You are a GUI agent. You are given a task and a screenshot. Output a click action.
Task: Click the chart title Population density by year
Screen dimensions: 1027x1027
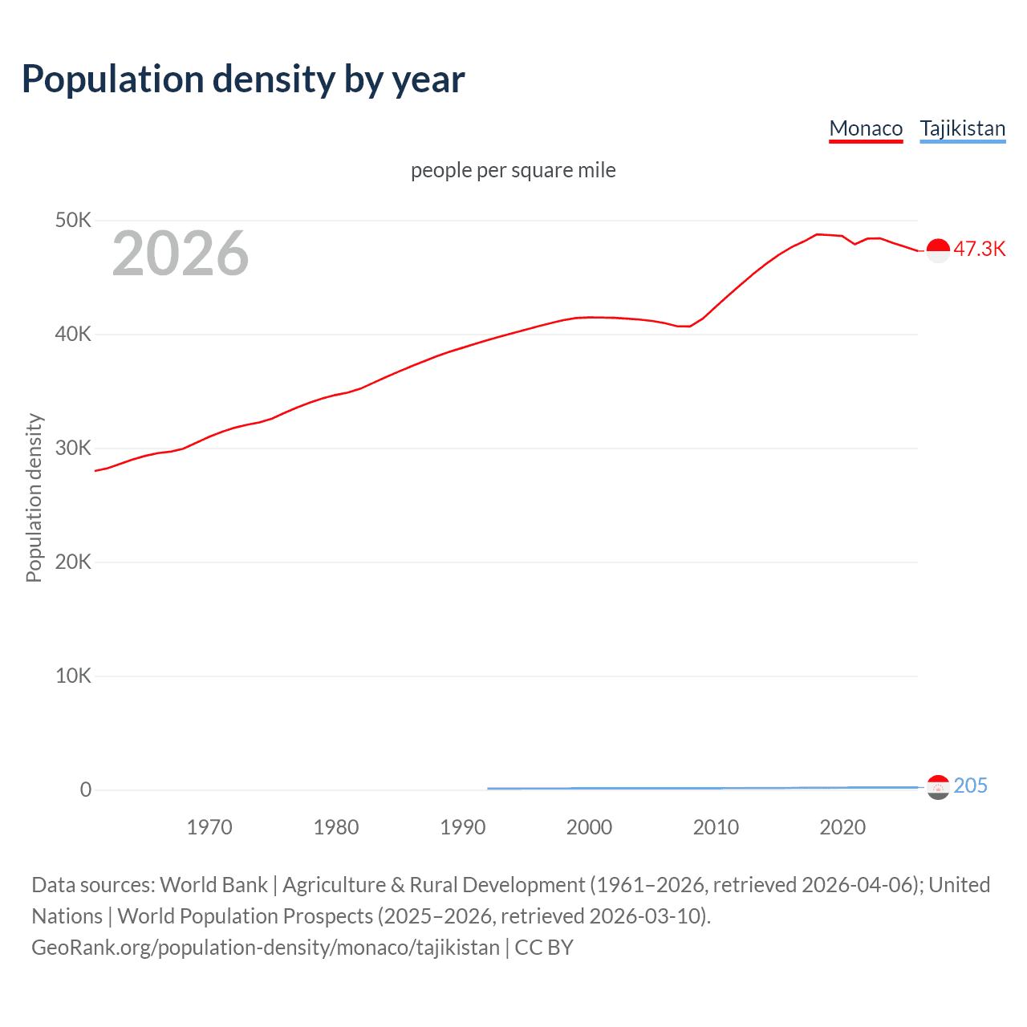243,79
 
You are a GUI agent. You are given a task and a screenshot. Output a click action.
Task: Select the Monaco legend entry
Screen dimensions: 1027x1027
866,128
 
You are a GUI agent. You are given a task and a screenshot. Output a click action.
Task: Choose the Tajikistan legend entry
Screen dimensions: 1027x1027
962,128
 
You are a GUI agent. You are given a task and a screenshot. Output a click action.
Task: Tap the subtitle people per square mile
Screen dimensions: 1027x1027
513,170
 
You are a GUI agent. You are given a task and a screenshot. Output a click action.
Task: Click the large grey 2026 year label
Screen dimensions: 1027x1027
181,254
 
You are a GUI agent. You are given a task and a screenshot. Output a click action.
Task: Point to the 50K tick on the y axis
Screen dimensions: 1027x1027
73,220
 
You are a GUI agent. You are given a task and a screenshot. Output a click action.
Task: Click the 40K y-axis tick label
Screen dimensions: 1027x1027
73,334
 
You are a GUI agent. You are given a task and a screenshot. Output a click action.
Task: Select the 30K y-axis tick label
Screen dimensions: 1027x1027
73,448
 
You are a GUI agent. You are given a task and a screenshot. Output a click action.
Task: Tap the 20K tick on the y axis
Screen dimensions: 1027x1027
73,562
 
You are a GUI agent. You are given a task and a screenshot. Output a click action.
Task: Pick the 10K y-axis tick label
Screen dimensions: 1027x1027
73,676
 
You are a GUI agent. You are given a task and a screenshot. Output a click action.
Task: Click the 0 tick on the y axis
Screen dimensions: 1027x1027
86,790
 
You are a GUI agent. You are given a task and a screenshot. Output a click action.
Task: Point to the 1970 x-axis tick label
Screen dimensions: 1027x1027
209,827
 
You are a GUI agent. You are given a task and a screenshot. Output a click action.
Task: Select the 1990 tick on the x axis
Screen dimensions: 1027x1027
463,827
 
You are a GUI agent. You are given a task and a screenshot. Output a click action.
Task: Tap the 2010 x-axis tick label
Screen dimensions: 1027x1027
716,827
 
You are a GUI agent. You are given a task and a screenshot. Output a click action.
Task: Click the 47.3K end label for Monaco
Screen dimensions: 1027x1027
979,249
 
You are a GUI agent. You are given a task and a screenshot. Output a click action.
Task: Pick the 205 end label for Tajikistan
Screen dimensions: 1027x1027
970,785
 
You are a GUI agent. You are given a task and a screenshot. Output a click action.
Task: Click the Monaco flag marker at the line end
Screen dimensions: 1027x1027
938,250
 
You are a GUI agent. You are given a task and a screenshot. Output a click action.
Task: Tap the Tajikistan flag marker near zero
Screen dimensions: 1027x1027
938,787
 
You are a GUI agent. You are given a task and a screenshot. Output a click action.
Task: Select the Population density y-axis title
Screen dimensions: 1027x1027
34,497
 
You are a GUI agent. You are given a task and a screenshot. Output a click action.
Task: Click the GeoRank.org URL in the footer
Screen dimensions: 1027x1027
266,948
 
